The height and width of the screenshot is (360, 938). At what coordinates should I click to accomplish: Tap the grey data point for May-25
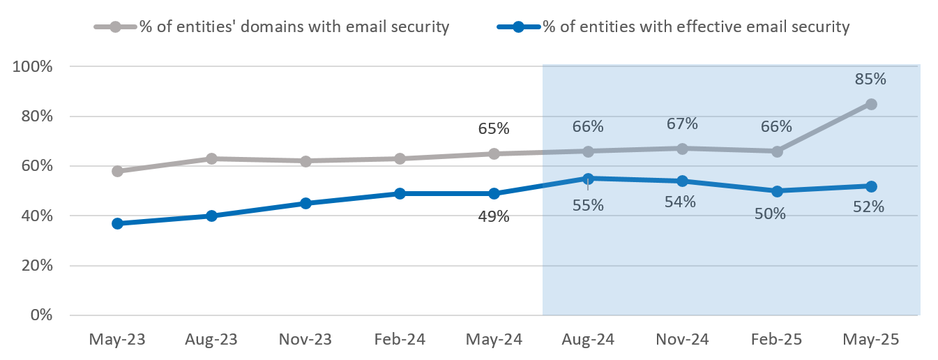coord(870,104)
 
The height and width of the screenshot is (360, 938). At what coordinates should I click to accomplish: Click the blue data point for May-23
coord(117,223)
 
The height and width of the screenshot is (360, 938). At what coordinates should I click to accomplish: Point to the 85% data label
coord(870,79)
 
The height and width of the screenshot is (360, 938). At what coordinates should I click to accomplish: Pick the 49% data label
coord(494,216)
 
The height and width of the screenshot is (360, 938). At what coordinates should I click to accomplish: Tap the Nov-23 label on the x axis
coord(305,340)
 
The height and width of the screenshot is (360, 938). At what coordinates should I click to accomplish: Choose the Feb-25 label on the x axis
coord(776,340)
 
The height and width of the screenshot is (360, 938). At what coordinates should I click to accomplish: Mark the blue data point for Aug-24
coord(588,179)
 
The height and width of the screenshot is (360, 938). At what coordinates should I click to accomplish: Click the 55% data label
coord(588,207)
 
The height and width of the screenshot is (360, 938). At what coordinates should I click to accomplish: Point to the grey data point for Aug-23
coord(211,158)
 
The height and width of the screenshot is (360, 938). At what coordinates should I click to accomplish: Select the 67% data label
coord(682,123)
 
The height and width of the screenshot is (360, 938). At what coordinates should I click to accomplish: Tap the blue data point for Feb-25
coord(776,191)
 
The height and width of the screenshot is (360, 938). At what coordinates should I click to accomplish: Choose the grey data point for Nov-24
coord(682,149)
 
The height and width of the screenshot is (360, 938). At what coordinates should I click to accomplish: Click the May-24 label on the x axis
coord(494,340)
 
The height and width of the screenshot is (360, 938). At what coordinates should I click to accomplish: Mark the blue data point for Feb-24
coord(400,193)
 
